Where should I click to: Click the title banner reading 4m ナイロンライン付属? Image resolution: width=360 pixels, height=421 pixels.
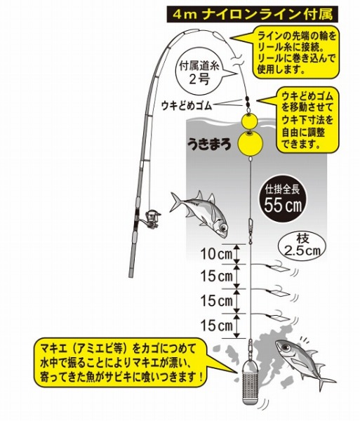click(x=252, y=15)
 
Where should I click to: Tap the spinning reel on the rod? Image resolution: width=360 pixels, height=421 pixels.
click(x=152, y=217)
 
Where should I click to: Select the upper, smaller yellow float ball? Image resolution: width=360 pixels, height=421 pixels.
click(x=249, y=121)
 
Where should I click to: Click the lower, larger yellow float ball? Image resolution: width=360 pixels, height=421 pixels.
click(x=251, y=144)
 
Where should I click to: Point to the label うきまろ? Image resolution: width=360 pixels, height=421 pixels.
click(x=209, y=145)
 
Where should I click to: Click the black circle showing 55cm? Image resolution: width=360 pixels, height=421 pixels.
click(x=281, y=201)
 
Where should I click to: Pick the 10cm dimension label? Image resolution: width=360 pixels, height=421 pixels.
click(x=217, y=254)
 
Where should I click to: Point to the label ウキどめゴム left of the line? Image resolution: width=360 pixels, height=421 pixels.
click(x=187, y=106)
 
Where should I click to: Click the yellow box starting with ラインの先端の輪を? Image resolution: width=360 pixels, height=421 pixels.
click(x=296, y=52)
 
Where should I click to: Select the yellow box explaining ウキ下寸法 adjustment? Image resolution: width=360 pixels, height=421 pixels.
click(x=307, y=119)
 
